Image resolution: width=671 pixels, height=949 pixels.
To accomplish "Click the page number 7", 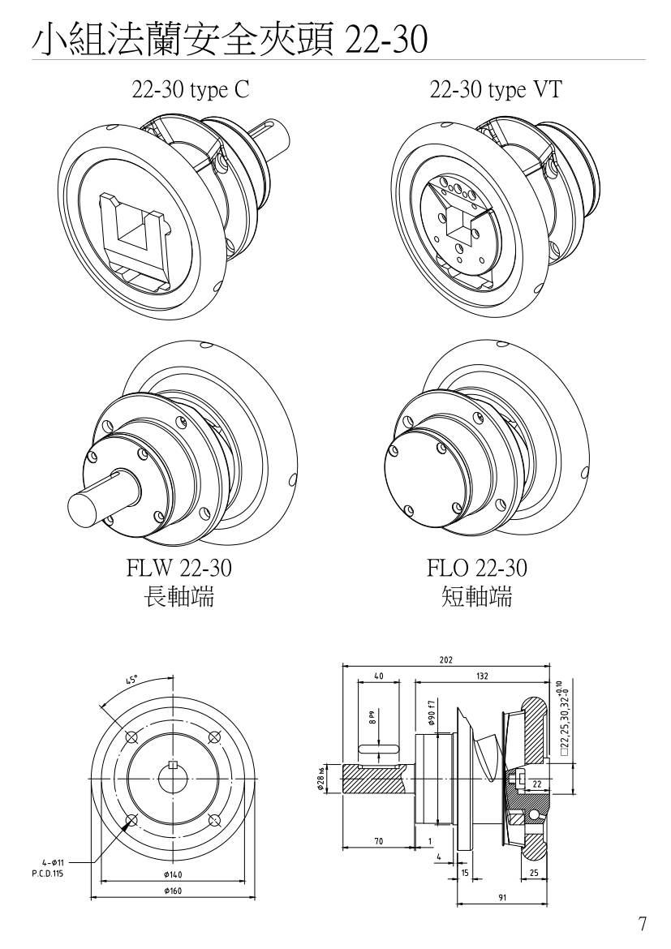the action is tap(642, 924).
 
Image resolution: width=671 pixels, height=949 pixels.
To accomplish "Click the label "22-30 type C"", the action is tap(190, 90).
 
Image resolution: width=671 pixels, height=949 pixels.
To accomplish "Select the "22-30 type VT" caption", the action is tap(496, 90).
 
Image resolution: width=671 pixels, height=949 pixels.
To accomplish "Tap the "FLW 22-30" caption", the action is tap(179, 568).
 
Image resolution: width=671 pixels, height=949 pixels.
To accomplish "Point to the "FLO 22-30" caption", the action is tap(477, 568).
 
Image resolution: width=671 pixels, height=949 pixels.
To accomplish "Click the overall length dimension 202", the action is tap(445, 659).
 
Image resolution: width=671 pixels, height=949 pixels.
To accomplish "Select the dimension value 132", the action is tap(482, 676).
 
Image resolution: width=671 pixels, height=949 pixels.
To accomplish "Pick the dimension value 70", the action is tap(378, 840).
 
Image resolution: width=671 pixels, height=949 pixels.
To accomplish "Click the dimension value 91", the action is tap(502, 898).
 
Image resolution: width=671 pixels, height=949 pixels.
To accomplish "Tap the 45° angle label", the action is tap(132, 680).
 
